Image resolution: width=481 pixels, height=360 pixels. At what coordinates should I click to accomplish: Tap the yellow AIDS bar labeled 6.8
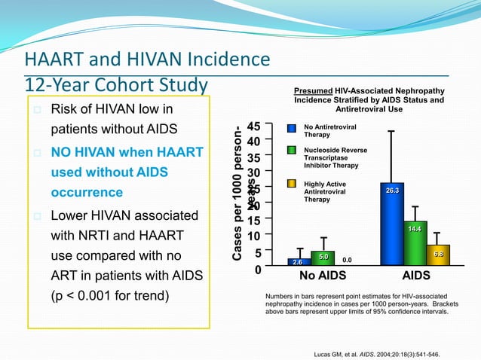pyautogui.click(x=437, y=255)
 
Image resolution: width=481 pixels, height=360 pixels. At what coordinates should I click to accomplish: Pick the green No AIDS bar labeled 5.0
pyautogui.click(x=323, y=258)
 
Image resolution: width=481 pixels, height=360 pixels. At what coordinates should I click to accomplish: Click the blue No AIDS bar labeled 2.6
pyautogui.click(x=299, y=262)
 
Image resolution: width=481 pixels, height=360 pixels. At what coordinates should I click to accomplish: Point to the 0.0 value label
pyautogui.click(x=347, y=260)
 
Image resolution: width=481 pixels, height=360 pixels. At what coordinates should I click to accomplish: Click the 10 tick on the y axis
pyautogui.click(x=253, y=236)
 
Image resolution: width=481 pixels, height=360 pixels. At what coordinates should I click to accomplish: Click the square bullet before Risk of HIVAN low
pyautogui.click(x=35, y=111)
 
